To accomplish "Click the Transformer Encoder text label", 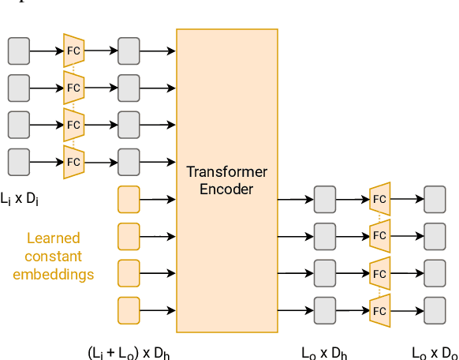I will pyautogui.click(x=226, y=180).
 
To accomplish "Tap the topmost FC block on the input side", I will pyautogui.click(x=73, y=51).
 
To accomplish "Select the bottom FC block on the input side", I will pyautogui.click(x=73, y=162).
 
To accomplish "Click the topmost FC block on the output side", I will pyautogui.click(x=379, y=199).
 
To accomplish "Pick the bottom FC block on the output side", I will pyautogui.click(x=379, y=309).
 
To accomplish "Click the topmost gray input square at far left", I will pyautogui.click(x=19, y=51).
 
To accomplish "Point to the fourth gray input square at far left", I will pyautogui.click(x=19, y=162).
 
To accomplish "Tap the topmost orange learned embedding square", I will pyautogui.click(x=128, y=199).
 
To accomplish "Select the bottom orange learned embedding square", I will pyautogui.click(x=128, y=309).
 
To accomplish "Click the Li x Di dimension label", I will pyautogui.click(x=20, y=197).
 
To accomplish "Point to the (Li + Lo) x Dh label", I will pyautogui.click(x=128, y=353).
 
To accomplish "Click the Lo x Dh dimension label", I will pyautogui.click(x=324, y=353).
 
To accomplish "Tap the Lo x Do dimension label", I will pyautogui.click(x=435, y=353).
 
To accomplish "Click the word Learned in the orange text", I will pyautogui.click(x=53, y=238).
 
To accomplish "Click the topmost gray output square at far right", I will pyautogui.click(x=435, y=199).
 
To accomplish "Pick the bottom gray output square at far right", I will pyautogui.click(x=435, y=309).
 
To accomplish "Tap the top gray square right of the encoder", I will pyautogui.click(x=324, y=199).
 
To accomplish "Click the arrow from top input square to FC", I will pyautogui.click(x=46, y=51).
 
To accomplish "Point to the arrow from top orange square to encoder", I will pyautogui.click(x=157, y=199).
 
